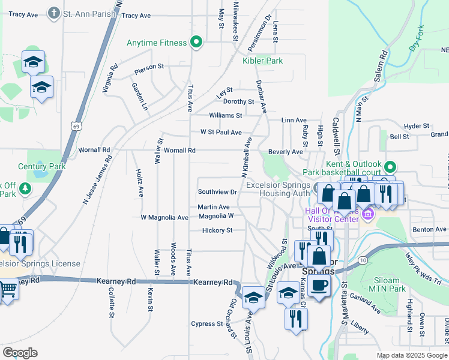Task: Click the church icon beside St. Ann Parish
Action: [54, 13]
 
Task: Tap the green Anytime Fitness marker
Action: [195, 42]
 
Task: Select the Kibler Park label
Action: [262, 61]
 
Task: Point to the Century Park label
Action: [41, 166]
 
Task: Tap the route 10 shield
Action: [363, 259]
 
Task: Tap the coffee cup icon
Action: [320, 284]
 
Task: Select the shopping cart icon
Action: [8, 290]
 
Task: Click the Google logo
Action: [20, 353]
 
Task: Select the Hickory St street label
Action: [217, 230]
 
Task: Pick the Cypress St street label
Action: [207, 324]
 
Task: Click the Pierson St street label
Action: [149, 67]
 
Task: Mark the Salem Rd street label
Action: [379, 62]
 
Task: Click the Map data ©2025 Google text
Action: [411, 355]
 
